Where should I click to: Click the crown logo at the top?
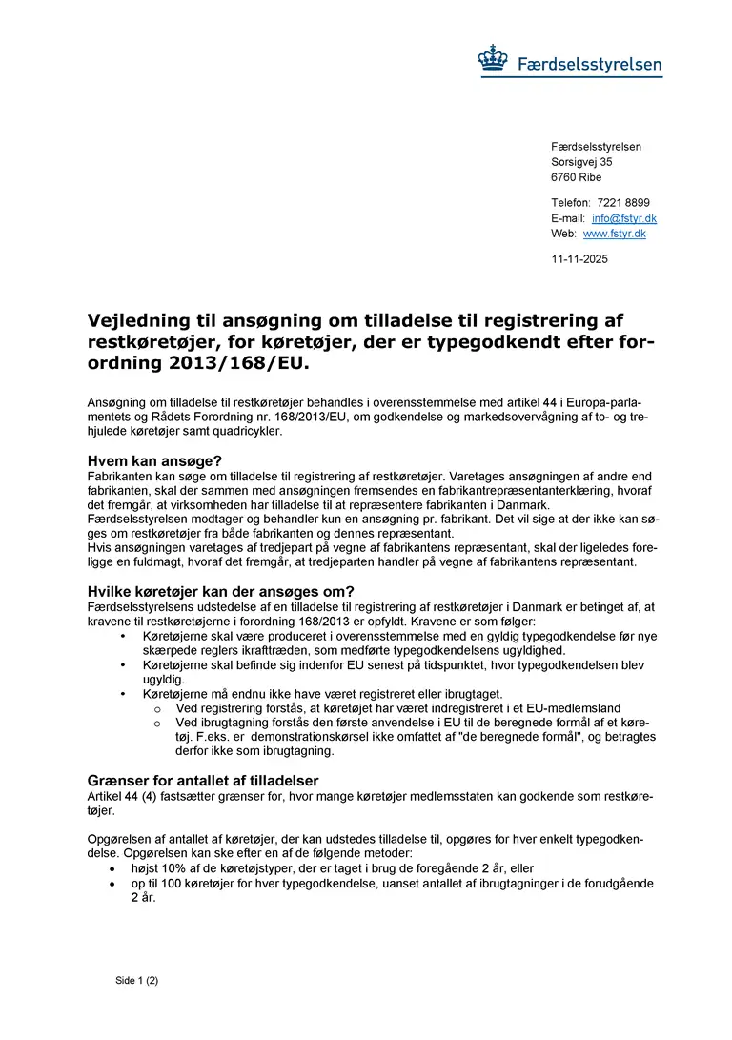click(x=494, y=61)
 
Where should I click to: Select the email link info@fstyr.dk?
click(x=624, y=218)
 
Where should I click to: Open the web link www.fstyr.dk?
click(x=614, y=234)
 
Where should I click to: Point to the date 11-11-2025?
click(x=579, y=259)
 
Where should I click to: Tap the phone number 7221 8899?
click(x=623, y=203)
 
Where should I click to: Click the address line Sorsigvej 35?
click(x=581, y=162)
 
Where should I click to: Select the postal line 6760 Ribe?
click(x=576, y=177)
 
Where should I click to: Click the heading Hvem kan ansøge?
click(x=154, y=460)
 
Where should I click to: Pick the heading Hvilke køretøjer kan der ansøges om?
click(x=220, y=591)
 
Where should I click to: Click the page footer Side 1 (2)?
click(x=136, y=980)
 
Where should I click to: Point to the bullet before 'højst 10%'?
click(x=113, y=869)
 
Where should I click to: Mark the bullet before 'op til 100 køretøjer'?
click(x=113, y=884)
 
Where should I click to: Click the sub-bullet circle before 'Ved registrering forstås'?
click(x=156, y=708)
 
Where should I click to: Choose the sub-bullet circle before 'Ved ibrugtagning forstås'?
click(x=156, y=723)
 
